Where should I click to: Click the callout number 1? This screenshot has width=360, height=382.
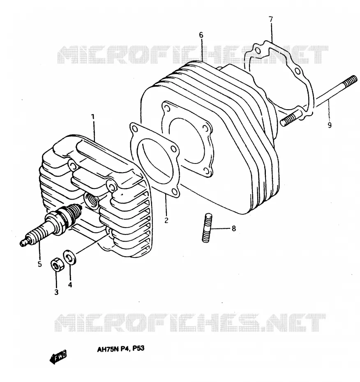pos(92,117)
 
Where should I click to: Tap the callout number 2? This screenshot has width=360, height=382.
pos(166,220)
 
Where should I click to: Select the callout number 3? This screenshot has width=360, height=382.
pos(56,292)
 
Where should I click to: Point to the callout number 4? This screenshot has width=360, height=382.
pos(70,285)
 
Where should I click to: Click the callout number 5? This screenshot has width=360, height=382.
pos(40,264)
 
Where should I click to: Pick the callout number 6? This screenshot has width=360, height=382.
pos(201,35)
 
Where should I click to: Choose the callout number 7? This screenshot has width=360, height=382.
pos(271,19)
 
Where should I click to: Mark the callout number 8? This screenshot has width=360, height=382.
pos(234,228)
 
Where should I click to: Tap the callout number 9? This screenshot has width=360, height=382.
pos(330,125)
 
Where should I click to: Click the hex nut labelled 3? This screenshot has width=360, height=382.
pos(58,265)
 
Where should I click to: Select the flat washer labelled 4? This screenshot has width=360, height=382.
pos(69,257)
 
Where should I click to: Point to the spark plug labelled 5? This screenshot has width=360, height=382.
pos(51,225)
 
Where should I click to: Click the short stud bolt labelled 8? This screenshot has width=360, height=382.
pos(207,228)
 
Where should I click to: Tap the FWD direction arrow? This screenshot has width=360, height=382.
pos(58,357)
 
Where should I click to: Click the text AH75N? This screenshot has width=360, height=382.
pos(108,350)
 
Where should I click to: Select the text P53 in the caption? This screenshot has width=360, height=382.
pos(138,348)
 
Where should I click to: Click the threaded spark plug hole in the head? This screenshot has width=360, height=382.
pos(91,201)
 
